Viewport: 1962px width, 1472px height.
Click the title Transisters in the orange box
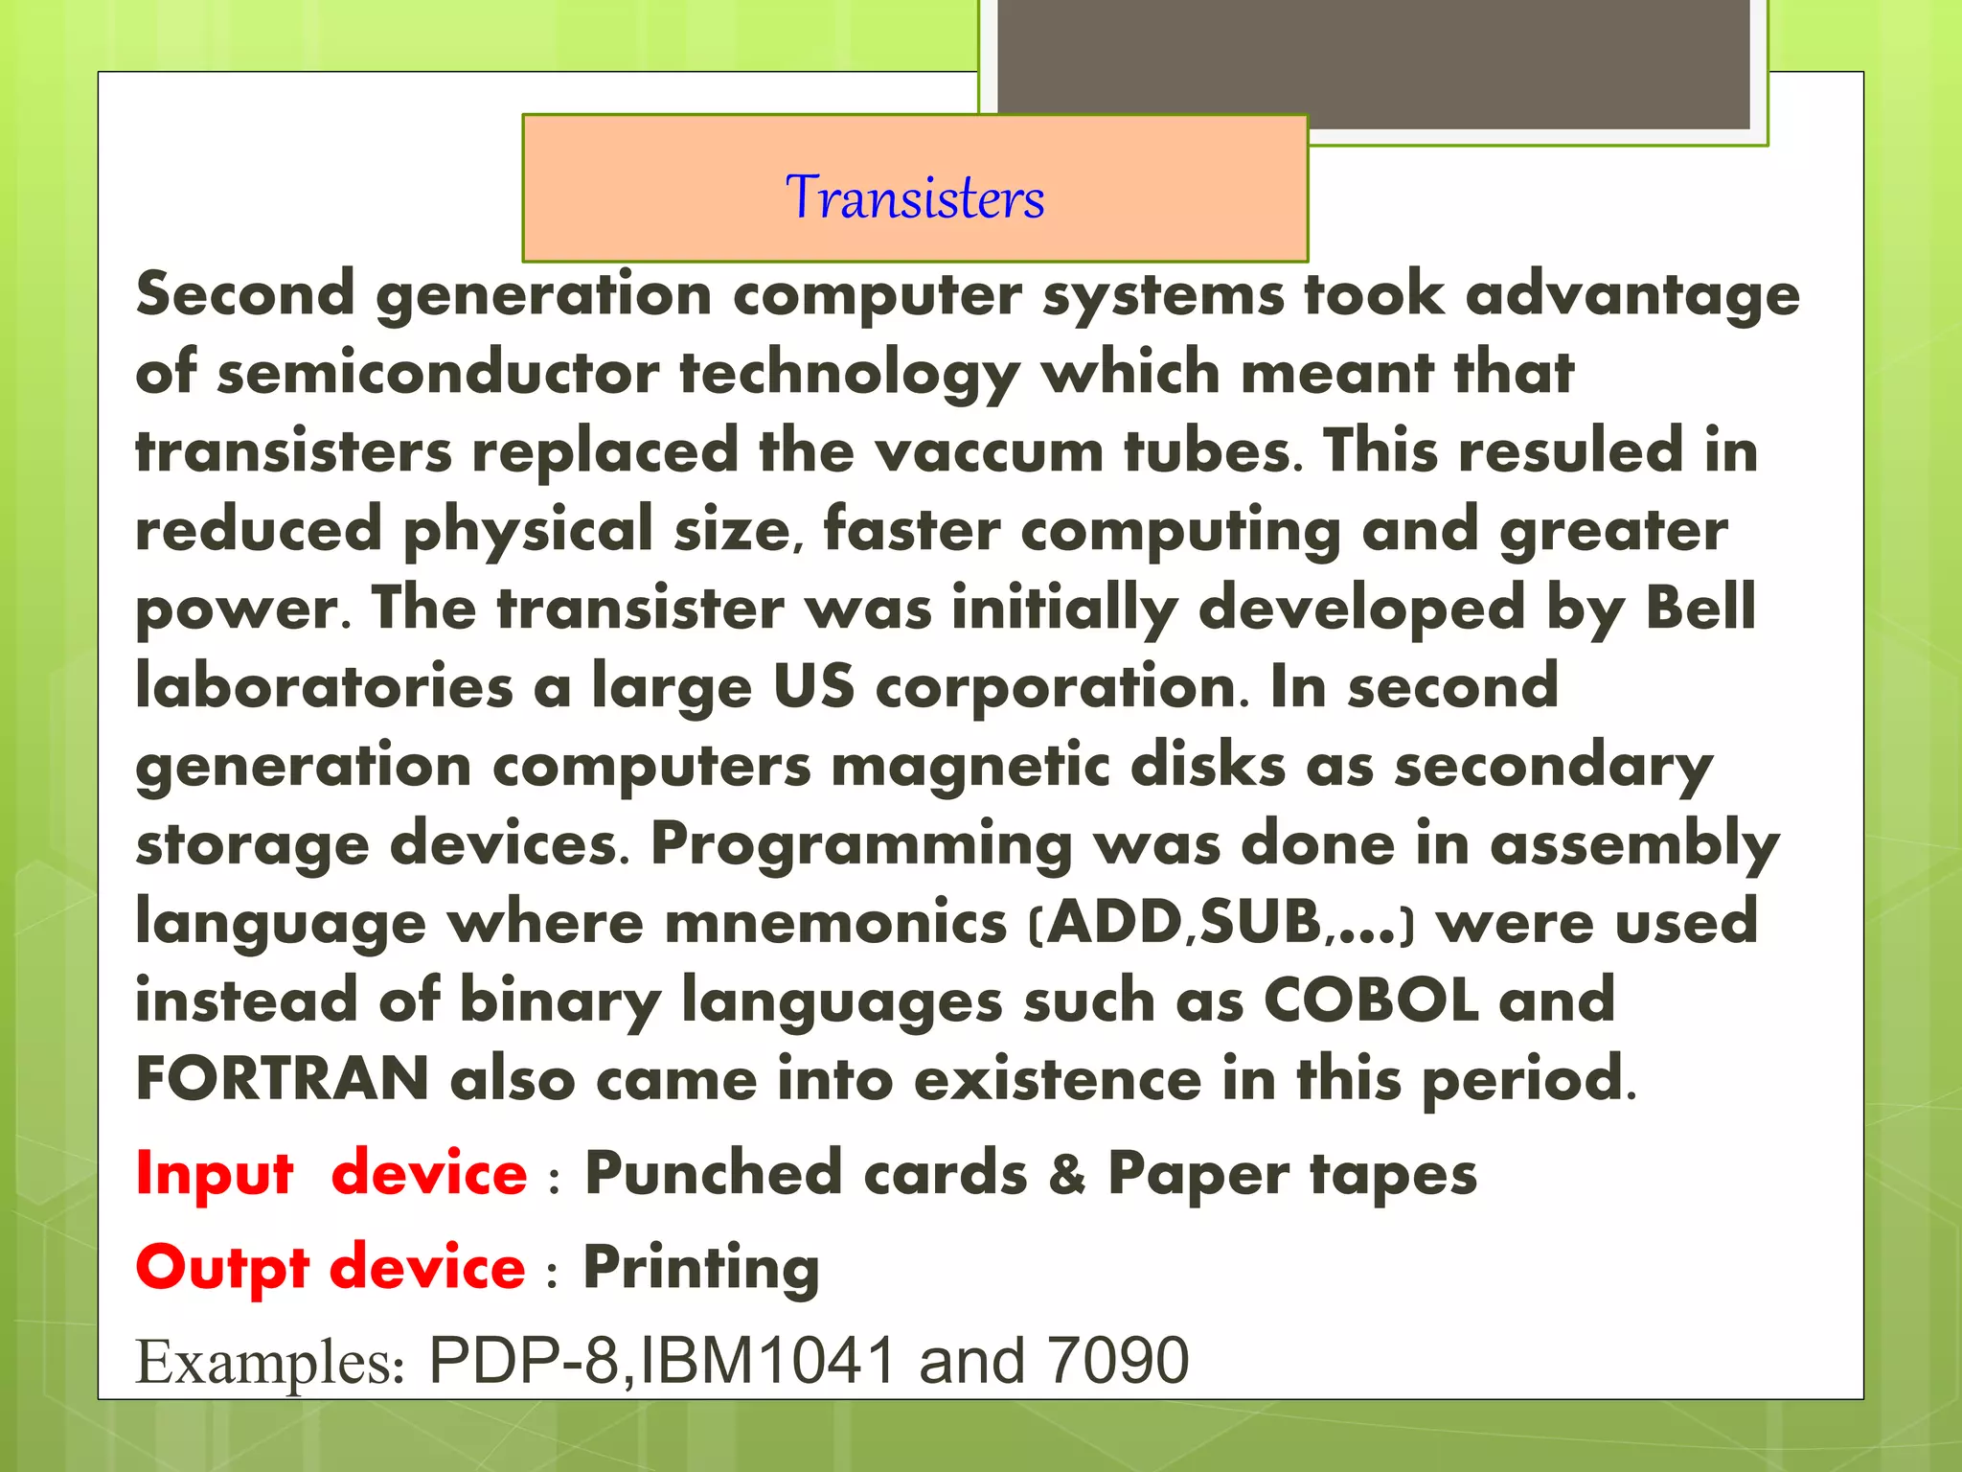pos(915,197)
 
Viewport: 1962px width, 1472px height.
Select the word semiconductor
pos(438,373)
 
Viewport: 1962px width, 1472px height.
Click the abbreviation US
pos(813,686)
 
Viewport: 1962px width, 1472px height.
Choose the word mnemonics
pos(835,922)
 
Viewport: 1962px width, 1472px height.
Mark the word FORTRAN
pos(282,1079)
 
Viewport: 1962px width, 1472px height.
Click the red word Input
pos(215,1173)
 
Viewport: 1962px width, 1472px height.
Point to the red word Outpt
pos(222,1267)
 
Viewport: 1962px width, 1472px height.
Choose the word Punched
pos(713,1173)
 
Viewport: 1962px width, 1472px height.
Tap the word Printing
pos(701,1267)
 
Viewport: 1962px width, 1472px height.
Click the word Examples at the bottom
pos(269,1361)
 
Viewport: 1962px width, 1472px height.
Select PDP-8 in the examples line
pos(524,1361)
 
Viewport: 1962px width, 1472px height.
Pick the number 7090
pos(1118,1361)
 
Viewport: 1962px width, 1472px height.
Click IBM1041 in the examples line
pos(767,1361)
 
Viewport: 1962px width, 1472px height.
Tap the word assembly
pos(1634,844)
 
